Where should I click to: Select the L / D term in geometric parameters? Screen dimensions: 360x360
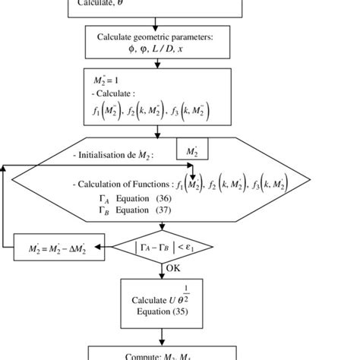point(164,49)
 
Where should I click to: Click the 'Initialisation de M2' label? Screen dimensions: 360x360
point(114,156)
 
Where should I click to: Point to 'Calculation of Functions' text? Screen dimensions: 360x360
point(122,185)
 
